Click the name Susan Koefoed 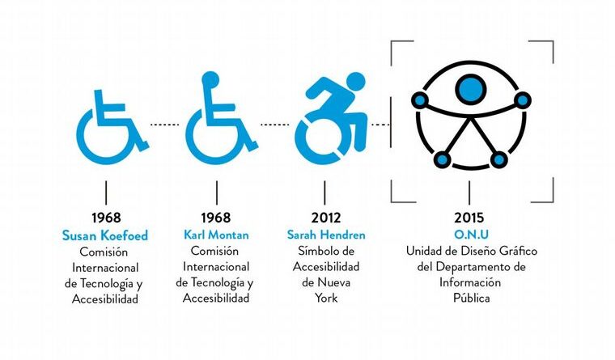point(105,235)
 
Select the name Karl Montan point(216,235)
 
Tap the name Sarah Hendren point(326,235)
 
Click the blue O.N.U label point(471,235)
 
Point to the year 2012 point(326,218)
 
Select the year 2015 point(469,218)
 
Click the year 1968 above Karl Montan point(216,218)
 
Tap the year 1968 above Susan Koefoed point(106,218)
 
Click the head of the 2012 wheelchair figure point(356,82)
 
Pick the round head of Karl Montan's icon point(210,78)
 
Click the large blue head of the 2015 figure point(471,89)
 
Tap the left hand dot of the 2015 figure point(420,100)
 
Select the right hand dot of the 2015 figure point(523,100)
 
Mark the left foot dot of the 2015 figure point(443,159)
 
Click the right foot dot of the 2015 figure point(498,159)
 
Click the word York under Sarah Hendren point(326,298)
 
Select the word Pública point(472,298)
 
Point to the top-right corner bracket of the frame point(553,41)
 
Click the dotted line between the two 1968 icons point(164,125)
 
